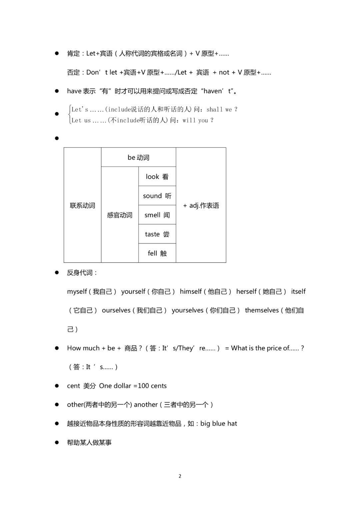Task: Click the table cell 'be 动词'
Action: (x=138, y=157)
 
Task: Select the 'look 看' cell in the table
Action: (x=157, y=176)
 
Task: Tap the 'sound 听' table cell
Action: (x=157, y=196)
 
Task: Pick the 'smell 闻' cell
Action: (x=157, y=215)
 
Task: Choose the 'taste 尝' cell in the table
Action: (x=157, y=234)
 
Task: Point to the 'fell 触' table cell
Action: (x=157, y=253)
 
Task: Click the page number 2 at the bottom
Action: (x=180, y=476)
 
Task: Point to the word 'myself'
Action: (x=77, y=292)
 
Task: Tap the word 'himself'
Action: (x=191, y=292)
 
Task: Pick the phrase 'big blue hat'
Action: (x=219, y=424)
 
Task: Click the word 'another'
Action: (x=146, y=405)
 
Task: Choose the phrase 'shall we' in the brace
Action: (x=219, y=109)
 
